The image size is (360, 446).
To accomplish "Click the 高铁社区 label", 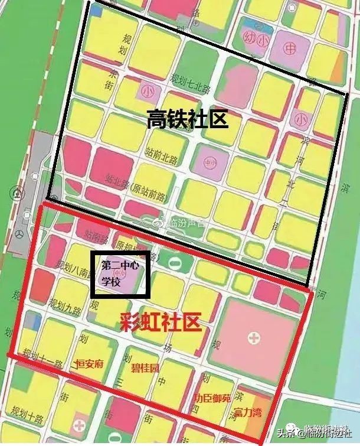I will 188,121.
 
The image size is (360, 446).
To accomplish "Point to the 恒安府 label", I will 90,364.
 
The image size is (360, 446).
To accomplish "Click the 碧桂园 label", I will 145,367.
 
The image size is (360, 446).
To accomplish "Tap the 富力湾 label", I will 248,411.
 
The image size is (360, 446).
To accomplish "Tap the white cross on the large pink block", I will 254,338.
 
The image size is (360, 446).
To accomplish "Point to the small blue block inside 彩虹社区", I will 35,322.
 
